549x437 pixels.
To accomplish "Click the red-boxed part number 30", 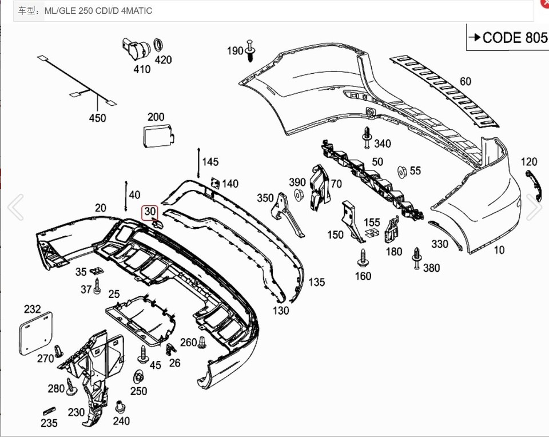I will [150, 212].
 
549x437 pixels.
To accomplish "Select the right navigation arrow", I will [534, 207].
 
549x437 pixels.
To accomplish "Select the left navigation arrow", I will [15, 207].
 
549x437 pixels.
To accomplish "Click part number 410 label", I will [142, 70].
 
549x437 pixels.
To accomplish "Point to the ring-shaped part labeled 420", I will [158, 45].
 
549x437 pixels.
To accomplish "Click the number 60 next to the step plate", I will [466, 82].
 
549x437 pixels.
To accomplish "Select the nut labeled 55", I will [402, 171].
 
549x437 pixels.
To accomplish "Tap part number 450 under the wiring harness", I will [97, 118].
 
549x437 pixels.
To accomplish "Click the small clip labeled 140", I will [215, 182].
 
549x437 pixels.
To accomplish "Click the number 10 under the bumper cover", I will [499, 250].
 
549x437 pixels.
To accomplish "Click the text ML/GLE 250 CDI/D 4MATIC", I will [98, 11].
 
